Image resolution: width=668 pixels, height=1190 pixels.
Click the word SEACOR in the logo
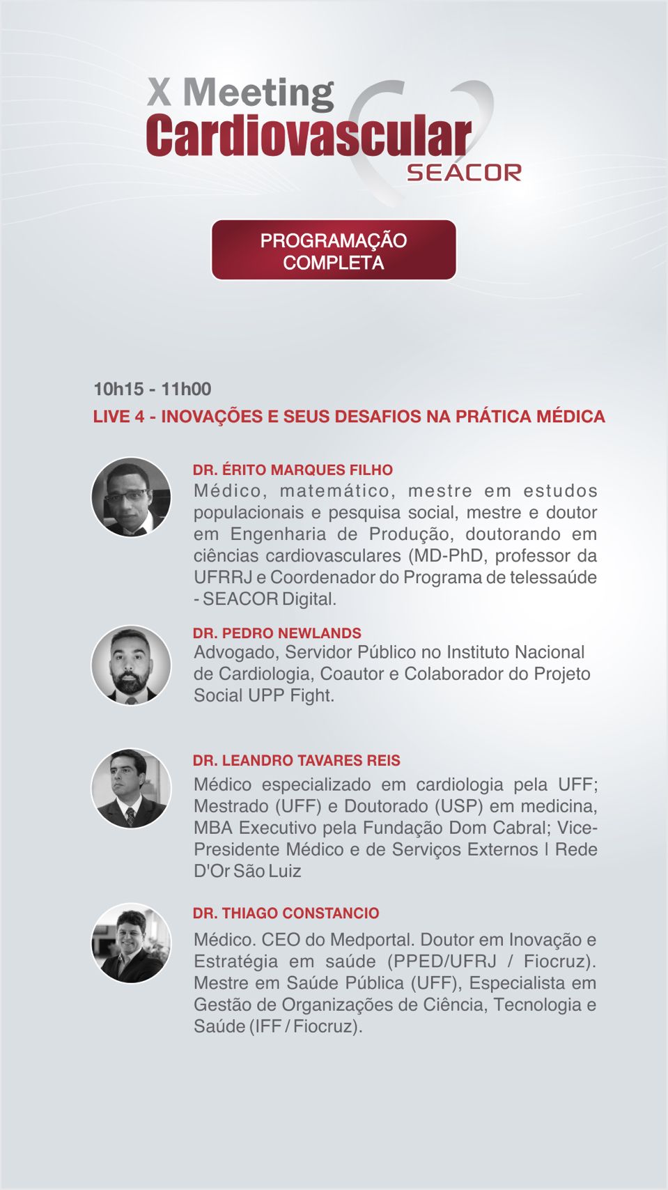(464, 172)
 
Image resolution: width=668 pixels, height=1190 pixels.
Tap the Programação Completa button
(334, 251)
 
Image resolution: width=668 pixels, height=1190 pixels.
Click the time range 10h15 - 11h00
(152, 389)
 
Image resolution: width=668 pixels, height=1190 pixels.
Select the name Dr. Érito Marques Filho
(293, 470)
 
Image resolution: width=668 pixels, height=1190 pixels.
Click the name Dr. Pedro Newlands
(277, 633)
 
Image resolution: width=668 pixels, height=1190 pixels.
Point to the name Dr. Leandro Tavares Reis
(296, 760)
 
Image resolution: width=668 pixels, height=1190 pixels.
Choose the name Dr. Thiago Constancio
(286, 913)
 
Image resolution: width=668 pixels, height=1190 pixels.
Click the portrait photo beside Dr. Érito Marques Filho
(131, 497)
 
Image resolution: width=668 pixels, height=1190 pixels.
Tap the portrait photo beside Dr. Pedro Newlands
(131, 665)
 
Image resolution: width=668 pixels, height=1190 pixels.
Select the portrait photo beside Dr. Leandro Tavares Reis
(131, 789)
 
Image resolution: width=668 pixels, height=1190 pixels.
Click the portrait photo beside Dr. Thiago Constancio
(131, 943)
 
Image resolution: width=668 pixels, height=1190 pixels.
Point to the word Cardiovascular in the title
(309, 136)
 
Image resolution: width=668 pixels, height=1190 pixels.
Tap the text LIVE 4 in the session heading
(118, 417)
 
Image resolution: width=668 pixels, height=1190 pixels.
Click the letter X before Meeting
(159, 92)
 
